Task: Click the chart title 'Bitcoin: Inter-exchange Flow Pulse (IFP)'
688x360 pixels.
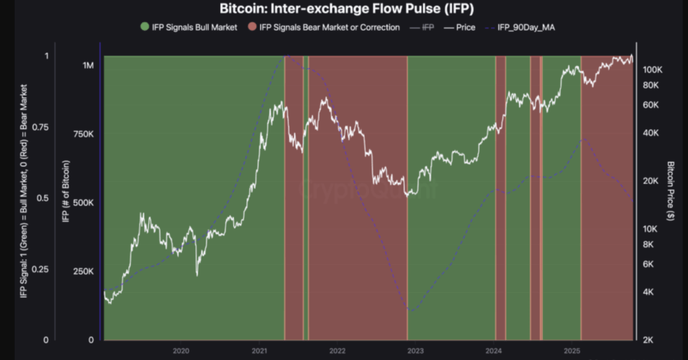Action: (343, 9)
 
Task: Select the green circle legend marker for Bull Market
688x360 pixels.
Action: (145, 28)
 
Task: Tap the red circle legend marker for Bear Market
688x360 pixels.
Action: (253, 28)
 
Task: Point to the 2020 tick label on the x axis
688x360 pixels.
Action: (180, 351)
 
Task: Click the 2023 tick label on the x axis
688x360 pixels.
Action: (415, 351)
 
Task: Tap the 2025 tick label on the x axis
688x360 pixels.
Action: (572, 351)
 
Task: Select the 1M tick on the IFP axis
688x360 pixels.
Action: (88, 66)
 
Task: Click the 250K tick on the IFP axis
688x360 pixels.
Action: (83, 271)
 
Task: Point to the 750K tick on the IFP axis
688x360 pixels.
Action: (83, 134)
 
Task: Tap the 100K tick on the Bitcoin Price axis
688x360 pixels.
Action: (654, 70)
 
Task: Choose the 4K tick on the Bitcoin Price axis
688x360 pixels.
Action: (650, 292)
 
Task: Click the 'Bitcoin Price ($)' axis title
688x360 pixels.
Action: (671, 191)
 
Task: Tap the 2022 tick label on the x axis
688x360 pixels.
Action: (337, 351)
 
